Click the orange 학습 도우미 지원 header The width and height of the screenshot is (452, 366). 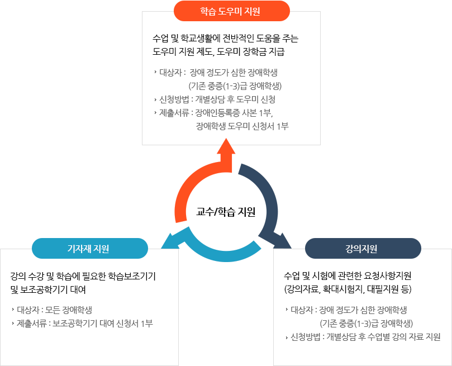pyautogui.click(x=231, y=11)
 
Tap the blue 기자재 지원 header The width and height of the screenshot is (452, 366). pyautogui.click(x=89, y=248)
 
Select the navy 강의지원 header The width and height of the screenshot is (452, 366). pyautogui.click(x=362, y=248)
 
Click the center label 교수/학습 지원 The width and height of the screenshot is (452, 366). pyautogui.click(x=226, y=212)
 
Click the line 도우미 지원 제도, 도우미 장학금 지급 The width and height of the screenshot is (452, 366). pyautogui.click(x=218, y=52)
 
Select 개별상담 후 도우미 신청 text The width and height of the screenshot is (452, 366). pyautogui.click(x=235, y=99)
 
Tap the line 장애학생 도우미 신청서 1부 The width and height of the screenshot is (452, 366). pyautogui.click(x=242, y=126)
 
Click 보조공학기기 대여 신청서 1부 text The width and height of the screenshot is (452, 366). pyautogui.click(x=103, y=324)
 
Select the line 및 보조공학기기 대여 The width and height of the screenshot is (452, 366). pyautogui.click(x=49, y=290)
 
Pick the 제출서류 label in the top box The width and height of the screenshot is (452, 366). pyautogui.click(x=174, y=113)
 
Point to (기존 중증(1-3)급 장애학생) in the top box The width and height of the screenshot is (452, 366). pyautogui.click(x=235, y=86)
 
